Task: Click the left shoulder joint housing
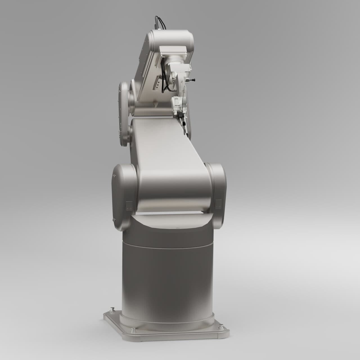click(x=124, y=197)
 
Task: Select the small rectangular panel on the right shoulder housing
click(x=218, y=204)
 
